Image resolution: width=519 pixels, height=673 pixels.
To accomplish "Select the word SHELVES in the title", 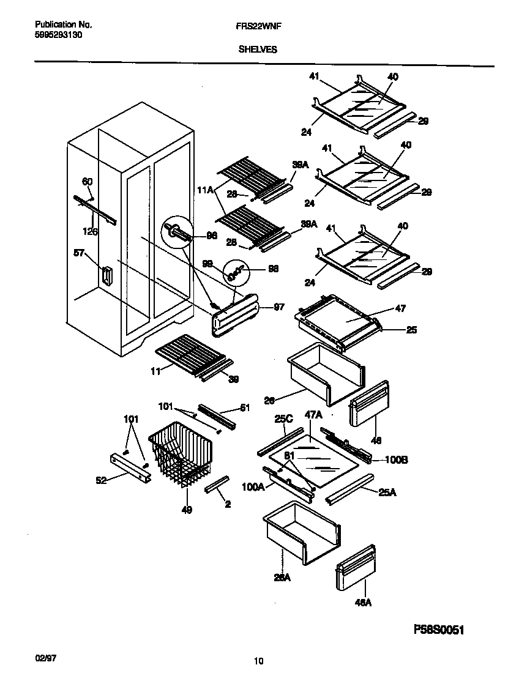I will point(257,50).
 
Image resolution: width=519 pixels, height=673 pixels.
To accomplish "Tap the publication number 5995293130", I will point(59,35).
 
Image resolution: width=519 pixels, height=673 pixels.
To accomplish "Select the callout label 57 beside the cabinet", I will point(79,255).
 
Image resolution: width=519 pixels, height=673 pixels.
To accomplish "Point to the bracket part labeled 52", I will point(130,468).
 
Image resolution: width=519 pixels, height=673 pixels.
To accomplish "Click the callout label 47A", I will point(313,415).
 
